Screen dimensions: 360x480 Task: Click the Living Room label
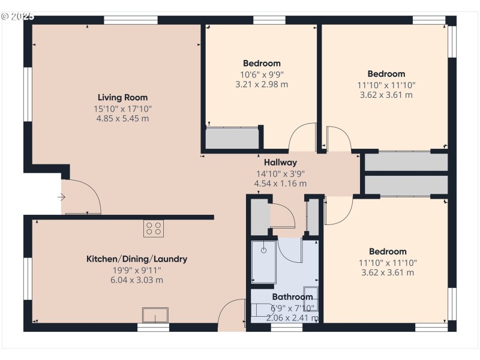coord(122,97)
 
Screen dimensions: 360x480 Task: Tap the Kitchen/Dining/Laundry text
coord(137,259)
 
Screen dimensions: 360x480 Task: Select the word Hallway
coord(280,163)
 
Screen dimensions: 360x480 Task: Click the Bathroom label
coord(292,297)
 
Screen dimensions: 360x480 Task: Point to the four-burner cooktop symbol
coord(153,228)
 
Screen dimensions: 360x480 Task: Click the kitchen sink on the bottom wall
coord(155,315)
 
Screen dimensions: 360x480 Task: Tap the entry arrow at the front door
coord(61,197)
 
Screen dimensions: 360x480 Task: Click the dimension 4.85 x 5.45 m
coord(122,119)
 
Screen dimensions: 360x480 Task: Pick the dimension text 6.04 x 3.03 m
coord(137,280)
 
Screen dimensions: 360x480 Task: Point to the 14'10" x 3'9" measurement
coord(280,173)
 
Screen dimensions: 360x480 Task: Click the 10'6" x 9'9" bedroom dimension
coord(262,74)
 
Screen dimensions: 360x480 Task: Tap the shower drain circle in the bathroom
coord(263,250)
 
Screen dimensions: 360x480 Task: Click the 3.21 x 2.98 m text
coord(262,85)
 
